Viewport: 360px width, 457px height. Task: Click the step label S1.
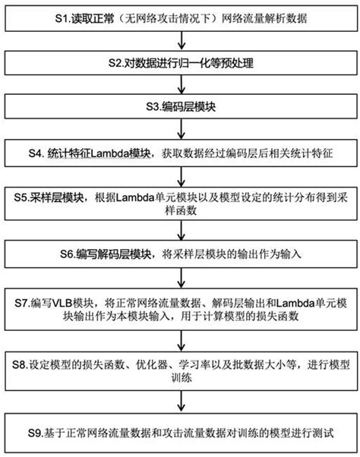pos(61,17)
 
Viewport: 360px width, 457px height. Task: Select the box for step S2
pos(180,63)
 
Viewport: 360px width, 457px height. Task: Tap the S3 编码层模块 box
pos(180,107)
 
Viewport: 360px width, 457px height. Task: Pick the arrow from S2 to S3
pos(180,86)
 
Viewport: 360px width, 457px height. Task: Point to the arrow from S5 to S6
pos(180,233)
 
